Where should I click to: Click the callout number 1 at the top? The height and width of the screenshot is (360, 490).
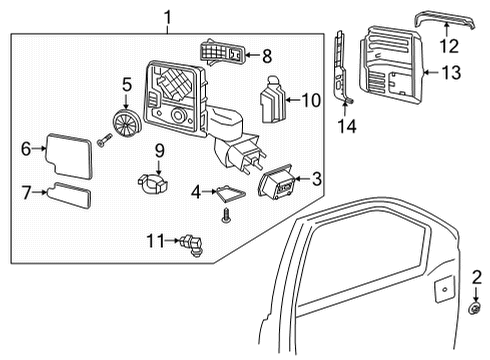(167, 17)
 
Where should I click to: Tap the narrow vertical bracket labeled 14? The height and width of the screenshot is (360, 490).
(342, 65)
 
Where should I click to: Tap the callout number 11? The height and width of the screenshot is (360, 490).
(153, 240)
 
